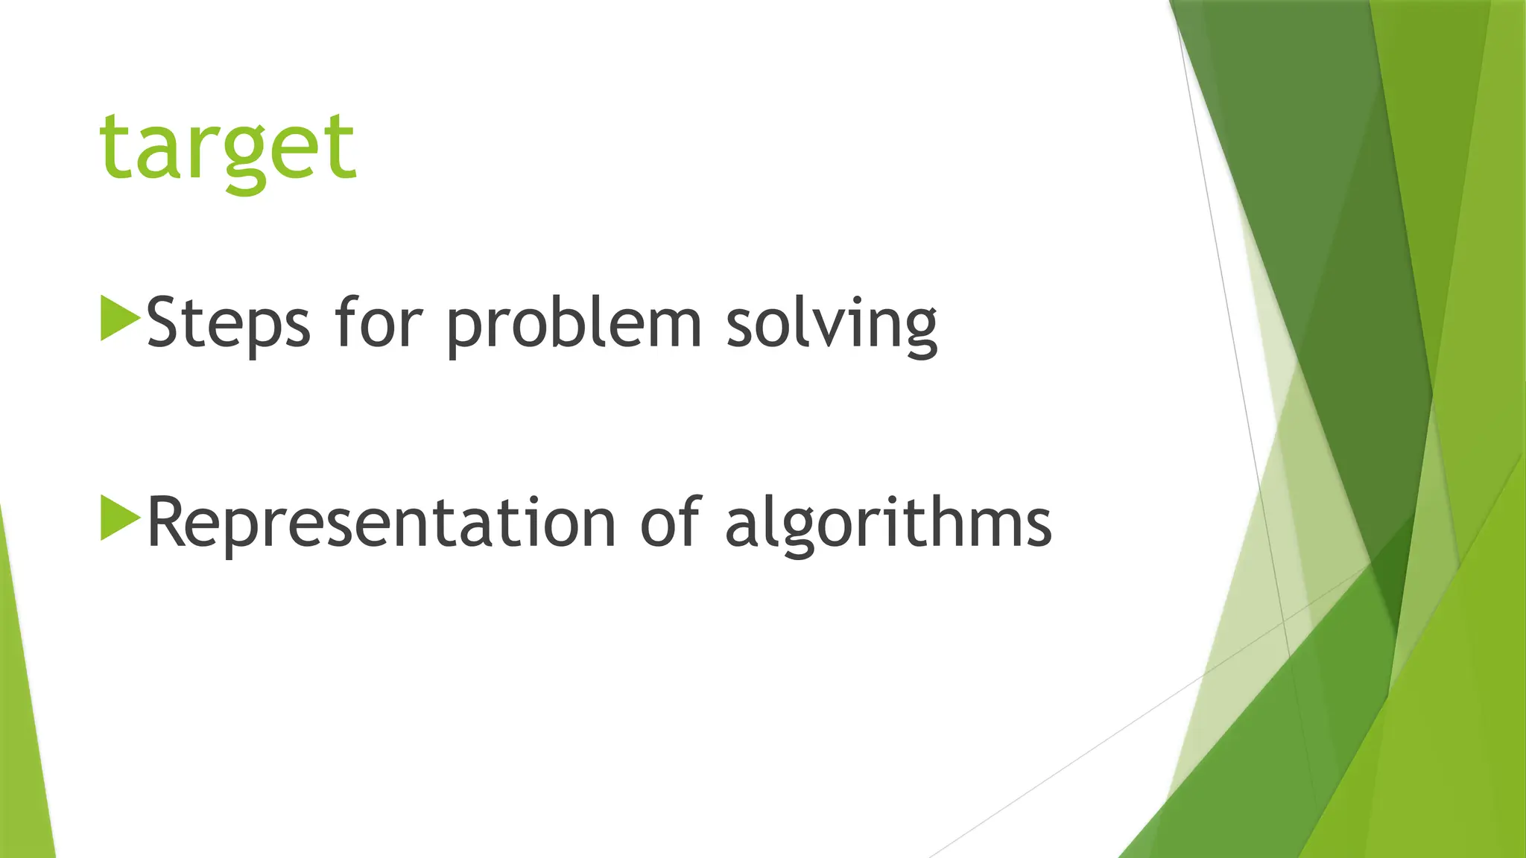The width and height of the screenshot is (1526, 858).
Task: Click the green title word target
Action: [228, 149]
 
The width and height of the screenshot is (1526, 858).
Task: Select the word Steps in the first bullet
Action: [228, 323]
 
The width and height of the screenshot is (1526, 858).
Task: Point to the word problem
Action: [574, 323]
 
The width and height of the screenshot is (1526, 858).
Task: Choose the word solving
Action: [831, 323]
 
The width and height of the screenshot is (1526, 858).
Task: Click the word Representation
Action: [381, 523]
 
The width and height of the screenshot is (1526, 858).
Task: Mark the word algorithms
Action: [887, 523]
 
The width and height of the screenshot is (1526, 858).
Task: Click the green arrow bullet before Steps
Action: [119, 319]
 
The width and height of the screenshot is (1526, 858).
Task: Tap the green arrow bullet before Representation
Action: [119, 518]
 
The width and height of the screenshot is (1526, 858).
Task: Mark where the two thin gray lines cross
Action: [1283, 620]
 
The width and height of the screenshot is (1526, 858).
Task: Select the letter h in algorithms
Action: [939, 521]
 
